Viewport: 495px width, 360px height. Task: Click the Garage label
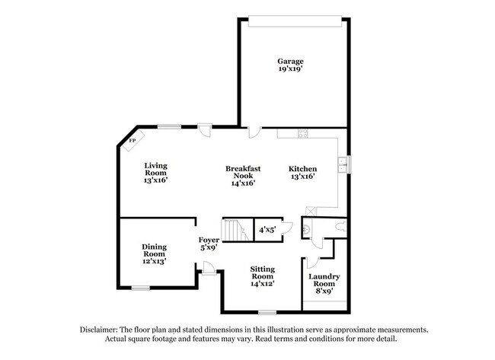(290, 61)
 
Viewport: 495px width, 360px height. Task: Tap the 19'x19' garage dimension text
(290, 68)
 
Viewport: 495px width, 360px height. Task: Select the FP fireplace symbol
(132, 141)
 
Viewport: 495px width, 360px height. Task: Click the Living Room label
(156, 168)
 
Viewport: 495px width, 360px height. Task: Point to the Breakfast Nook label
(243, 171)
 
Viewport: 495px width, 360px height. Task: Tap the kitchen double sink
(344, 164)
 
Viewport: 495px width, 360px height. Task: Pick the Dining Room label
(154, 250)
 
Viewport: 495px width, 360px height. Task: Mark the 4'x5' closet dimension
(267, 229)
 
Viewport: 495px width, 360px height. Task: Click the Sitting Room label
(263, 273)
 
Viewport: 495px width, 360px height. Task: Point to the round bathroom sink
(306, 226)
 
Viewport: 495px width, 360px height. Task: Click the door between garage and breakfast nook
(254, 132)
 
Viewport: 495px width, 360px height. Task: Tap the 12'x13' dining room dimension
(154, 261)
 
